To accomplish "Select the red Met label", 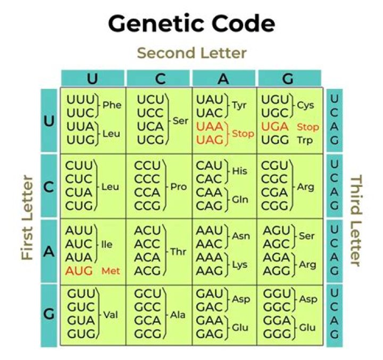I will pyautogui.click(x=111, y=271).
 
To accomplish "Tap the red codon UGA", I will pyautogui.click(x=275, y=127).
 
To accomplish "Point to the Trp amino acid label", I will pyautogui.click(x=305, y=141).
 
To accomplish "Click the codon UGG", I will pyautogui.click(x=275, y=141).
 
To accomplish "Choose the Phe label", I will pyautogui.click(x=112, y=105).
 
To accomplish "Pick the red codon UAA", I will pyautogui.click(x=210, y=127).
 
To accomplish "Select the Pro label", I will pyautogui.click(x=178, y=187).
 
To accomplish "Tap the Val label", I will pyautogui.click(x=110, y=314).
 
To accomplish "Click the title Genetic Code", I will pyautogui.click(x=191, y=23).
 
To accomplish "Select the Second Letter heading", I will pyautogui.click(x=191, y=53).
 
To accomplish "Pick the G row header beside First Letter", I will pyautogui.click(x=49, y=314).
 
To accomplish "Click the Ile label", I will pyautogui.click(x=106, y=245).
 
